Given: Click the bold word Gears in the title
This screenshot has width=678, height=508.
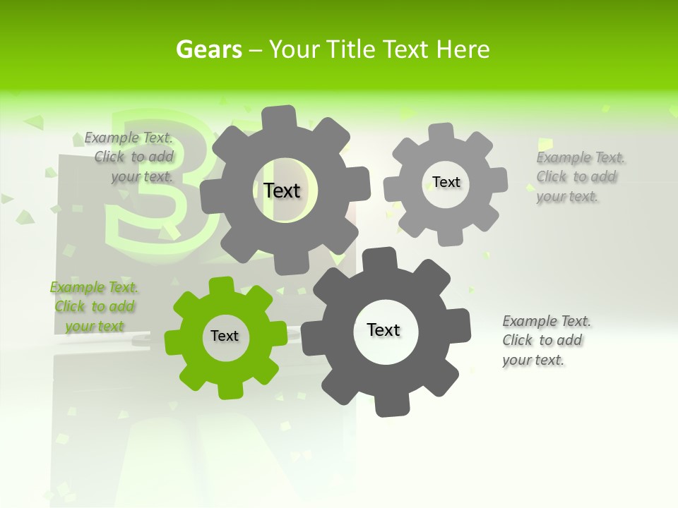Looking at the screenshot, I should pos(208,49).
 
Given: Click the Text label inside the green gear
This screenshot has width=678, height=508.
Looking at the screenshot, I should pos(225,336).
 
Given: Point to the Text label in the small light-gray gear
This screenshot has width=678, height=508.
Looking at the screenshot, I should pos(446,182).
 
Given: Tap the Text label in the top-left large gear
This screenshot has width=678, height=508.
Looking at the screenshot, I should pos(282,190).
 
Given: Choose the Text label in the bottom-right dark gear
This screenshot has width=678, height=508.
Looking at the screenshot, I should pos(383,329).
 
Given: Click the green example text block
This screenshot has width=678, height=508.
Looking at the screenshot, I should pos(95,307).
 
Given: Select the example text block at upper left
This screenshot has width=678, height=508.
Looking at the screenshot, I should pos(130,157).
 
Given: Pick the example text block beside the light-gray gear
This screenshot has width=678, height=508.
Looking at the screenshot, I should pos(579,176).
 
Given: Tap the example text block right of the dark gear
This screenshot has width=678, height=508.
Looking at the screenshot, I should pos(545,340).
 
